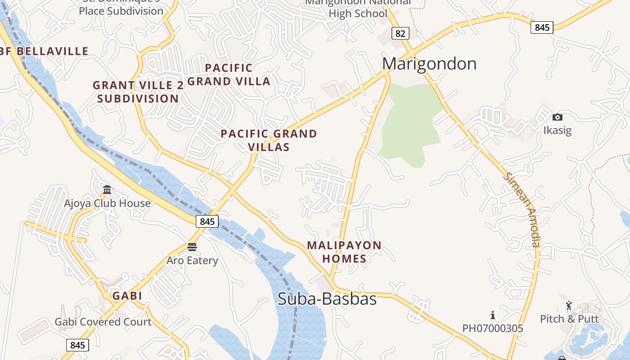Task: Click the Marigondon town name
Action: click(429, 64)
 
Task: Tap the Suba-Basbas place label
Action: click(327, 299)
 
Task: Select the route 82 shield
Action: click(400, 33)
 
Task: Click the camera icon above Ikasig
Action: click(557, 117)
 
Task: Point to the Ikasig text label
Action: click(557, 130)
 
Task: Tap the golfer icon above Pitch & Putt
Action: click(569, 306)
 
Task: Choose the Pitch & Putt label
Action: click(569, 319)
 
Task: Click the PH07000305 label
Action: click(493, 328)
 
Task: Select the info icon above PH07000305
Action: click(493, 315)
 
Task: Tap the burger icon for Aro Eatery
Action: click(192, 247)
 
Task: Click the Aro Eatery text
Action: click(192, 261)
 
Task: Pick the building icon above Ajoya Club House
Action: click(107, 189)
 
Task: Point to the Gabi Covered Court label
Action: click(103, 322)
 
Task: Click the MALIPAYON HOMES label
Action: click(344, 252)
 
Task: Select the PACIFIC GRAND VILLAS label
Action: click(269, 140)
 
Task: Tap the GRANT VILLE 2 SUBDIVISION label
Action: click(138, 92)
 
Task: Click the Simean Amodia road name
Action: click(522, 210)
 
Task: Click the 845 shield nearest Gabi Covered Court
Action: click(77, 345)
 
